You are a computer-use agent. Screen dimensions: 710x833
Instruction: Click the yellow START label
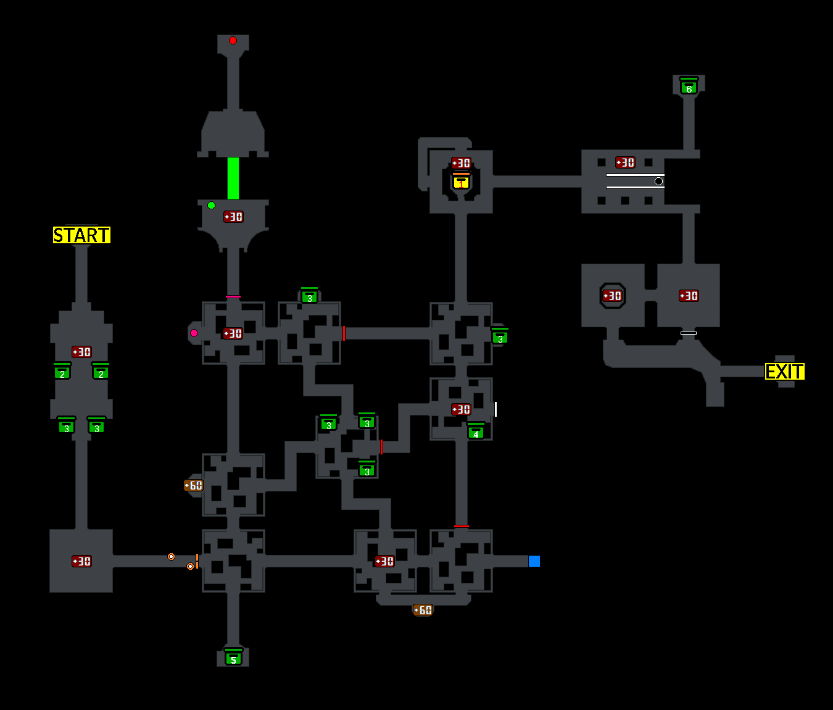pos(81,235)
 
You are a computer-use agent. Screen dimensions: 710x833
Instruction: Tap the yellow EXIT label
pos(785,372)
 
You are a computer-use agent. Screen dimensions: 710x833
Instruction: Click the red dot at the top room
pos(233,41)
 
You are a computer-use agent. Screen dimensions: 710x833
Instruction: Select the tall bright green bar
pos(233,178)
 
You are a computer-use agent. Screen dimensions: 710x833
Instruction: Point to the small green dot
pos(211,206)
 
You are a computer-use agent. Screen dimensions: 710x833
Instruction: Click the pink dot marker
pos(194,333)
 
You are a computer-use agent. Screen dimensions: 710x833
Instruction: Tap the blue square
pos(534,561)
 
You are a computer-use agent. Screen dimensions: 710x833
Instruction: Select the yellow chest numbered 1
pos(461,182)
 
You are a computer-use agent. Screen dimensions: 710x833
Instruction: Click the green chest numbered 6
pos(689,87)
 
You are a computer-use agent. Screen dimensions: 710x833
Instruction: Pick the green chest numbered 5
pos(233,658)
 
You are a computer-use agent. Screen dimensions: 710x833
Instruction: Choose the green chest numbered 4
pos(476,432)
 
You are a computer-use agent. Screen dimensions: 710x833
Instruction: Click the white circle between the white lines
pos(658,182)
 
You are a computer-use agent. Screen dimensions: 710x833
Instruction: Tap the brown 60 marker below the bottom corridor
pos(423,611)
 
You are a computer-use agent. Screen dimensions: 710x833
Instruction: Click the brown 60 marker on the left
pos(193,486)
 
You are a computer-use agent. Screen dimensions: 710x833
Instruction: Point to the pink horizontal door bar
pos(233,297)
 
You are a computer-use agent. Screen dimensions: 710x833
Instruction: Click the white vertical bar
pos(495,409)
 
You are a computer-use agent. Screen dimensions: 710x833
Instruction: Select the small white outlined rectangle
pos(689,333)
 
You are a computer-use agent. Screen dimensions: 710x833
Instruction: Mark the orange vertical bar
pos(197,561)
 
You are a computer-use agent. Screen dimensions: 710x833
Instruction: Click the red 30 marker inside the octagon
pos(612,296)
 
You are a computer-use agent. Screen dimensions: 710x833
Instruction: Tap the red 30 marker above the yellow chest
pos(461,164)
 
